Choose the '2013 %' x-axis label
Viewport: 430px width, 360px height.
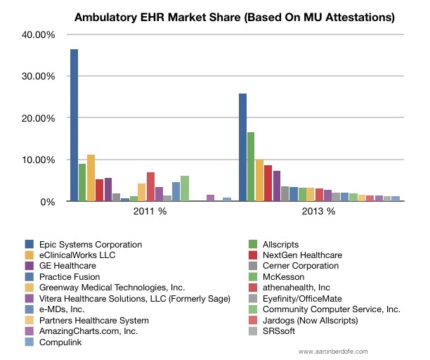coord(320,211)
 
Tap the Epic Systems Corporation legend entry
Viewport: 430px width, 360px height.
coord(92,245)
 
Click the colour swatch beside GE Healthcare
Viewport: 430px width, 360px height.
coord(29,266)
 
